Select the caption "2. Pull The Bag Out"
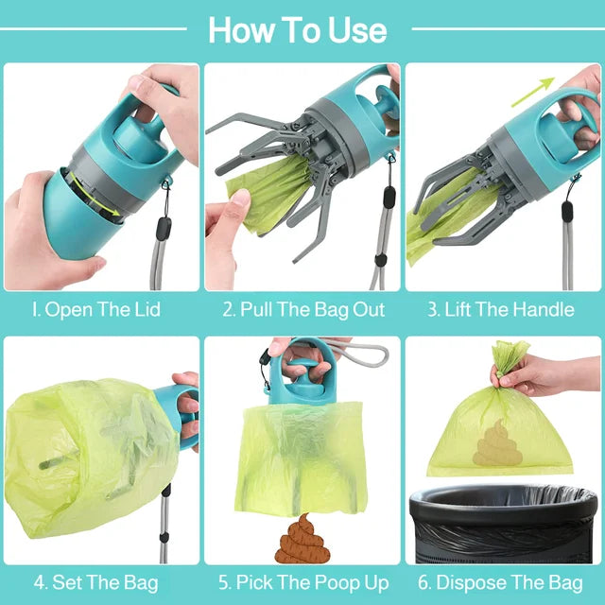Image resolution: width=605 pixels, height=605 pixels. click(x=303, y=309)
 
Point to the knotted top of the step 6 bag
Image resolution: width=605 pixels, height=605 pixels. click(x=510, y=357)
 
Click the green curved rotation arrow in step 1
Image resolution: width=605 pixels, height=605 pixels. click(x=90, y=193)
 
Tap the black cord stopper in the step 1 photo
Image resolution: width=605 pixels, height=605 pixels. click(x=163, y=229)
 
